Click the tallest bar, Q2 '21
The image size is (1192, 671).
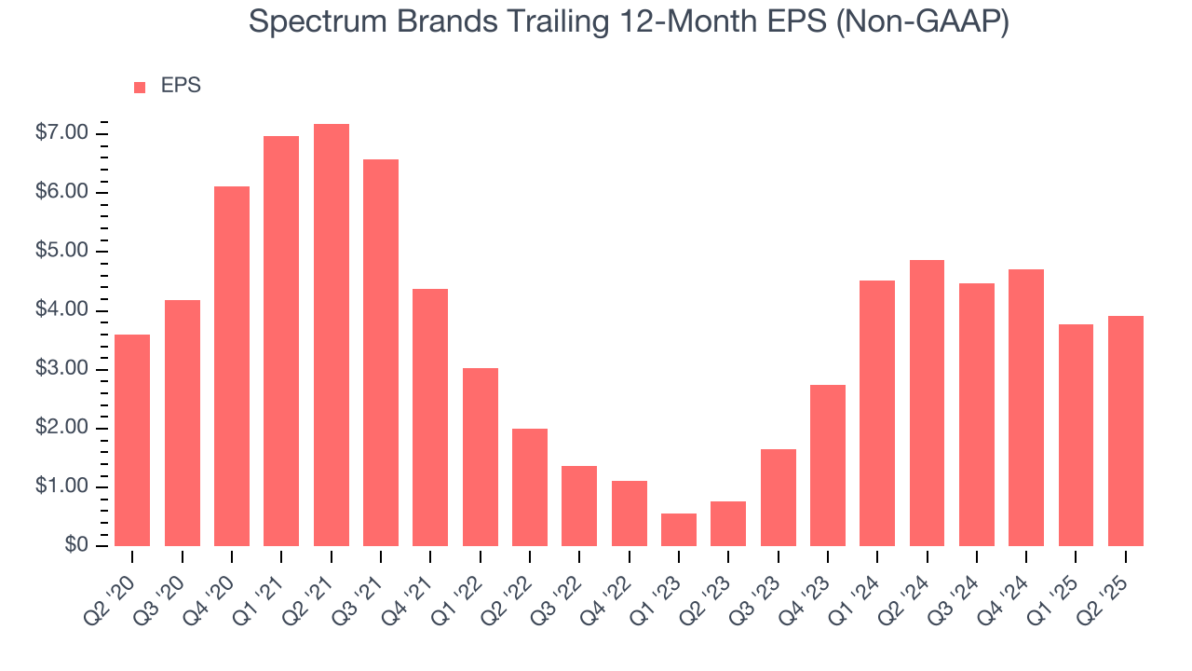tap(331, 335)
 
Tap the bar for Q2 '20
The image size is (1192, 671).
tap(132, 440)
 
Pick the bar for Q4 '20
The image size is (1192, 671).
tap(232, 366)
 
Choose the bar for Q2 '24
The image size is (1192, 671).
tap(927, 403)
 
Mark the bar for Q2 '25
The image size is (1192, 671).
tap(1125, 431)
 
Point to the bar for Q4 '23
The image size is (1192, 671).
tap(827, 465)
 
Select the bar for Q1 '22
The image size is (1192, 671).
tap(480, 457)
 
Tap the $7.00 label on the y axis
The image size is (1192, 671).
tap(62, 133)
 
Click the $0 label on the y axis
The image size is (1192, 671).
tap(76, 545)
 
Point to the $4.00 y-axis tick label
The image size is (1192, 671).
tap(62, 310)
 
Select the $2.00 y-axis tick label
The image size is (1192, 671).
tap(62, 428)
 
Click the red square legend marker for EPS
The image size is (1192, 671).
tap(140, 87)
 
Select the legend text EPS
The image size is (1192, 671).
tap(181, 86)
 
